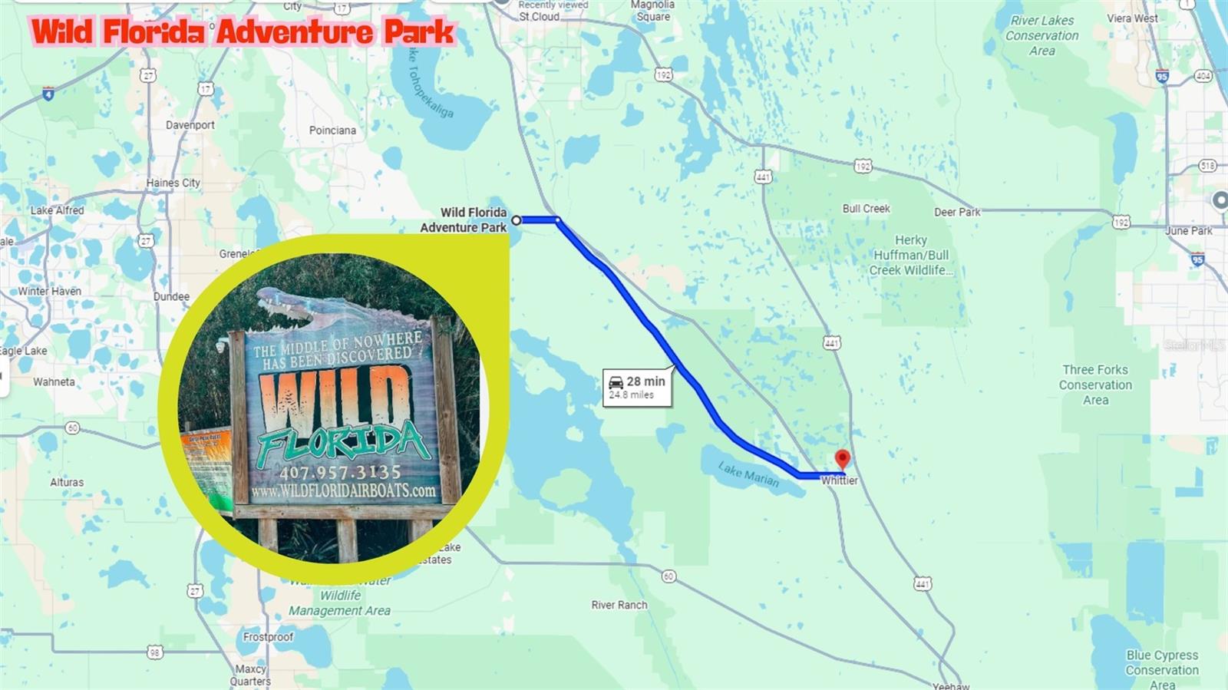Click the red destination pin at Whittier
[842, 459]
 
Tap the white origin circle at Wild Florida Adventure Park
[517, 220]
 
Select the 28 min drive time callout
[637, 387]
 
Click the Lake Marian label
[748, 474]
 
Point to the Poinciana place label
[332, 130]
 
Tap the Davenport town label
[190, 125]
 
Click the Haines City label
[173, 183]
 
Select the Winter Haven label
[50, 291]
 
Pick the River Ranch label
[619, 605]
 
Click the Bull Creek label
[866, 209]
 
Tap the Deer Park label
[957, 212]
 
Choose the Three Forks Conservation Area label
[1095, 385]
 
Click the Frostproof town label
[268, 637]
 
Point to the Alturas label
[67, 482]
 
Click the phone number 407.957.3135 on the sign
[340, 472]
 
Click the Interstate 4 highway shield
[48, 94]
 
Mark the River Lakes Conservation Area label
[1041, 35]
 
